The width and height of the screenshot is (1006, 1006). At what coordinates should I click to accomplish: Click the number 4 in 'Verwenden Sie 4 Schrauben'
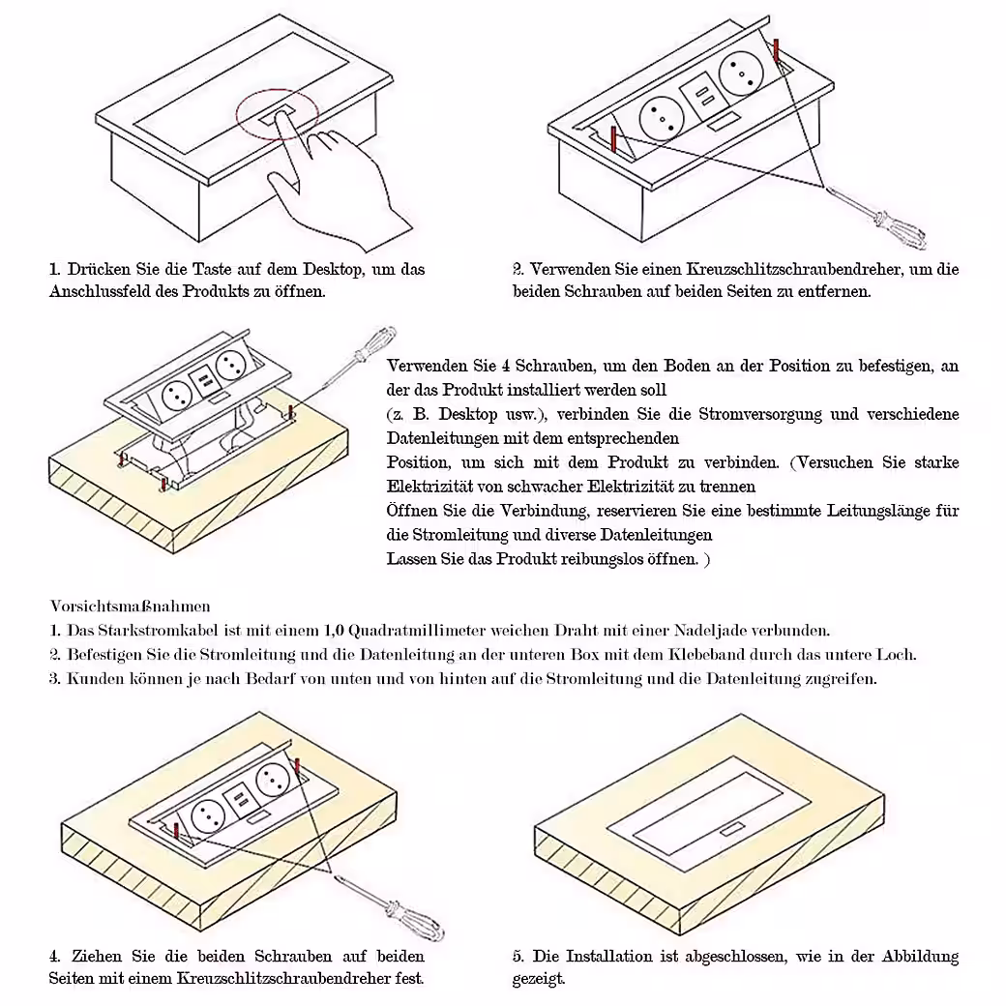coord(505,367)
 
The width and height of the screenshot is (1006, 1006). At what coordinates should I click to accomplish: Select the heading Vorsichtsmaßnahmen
coord(131,607)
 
